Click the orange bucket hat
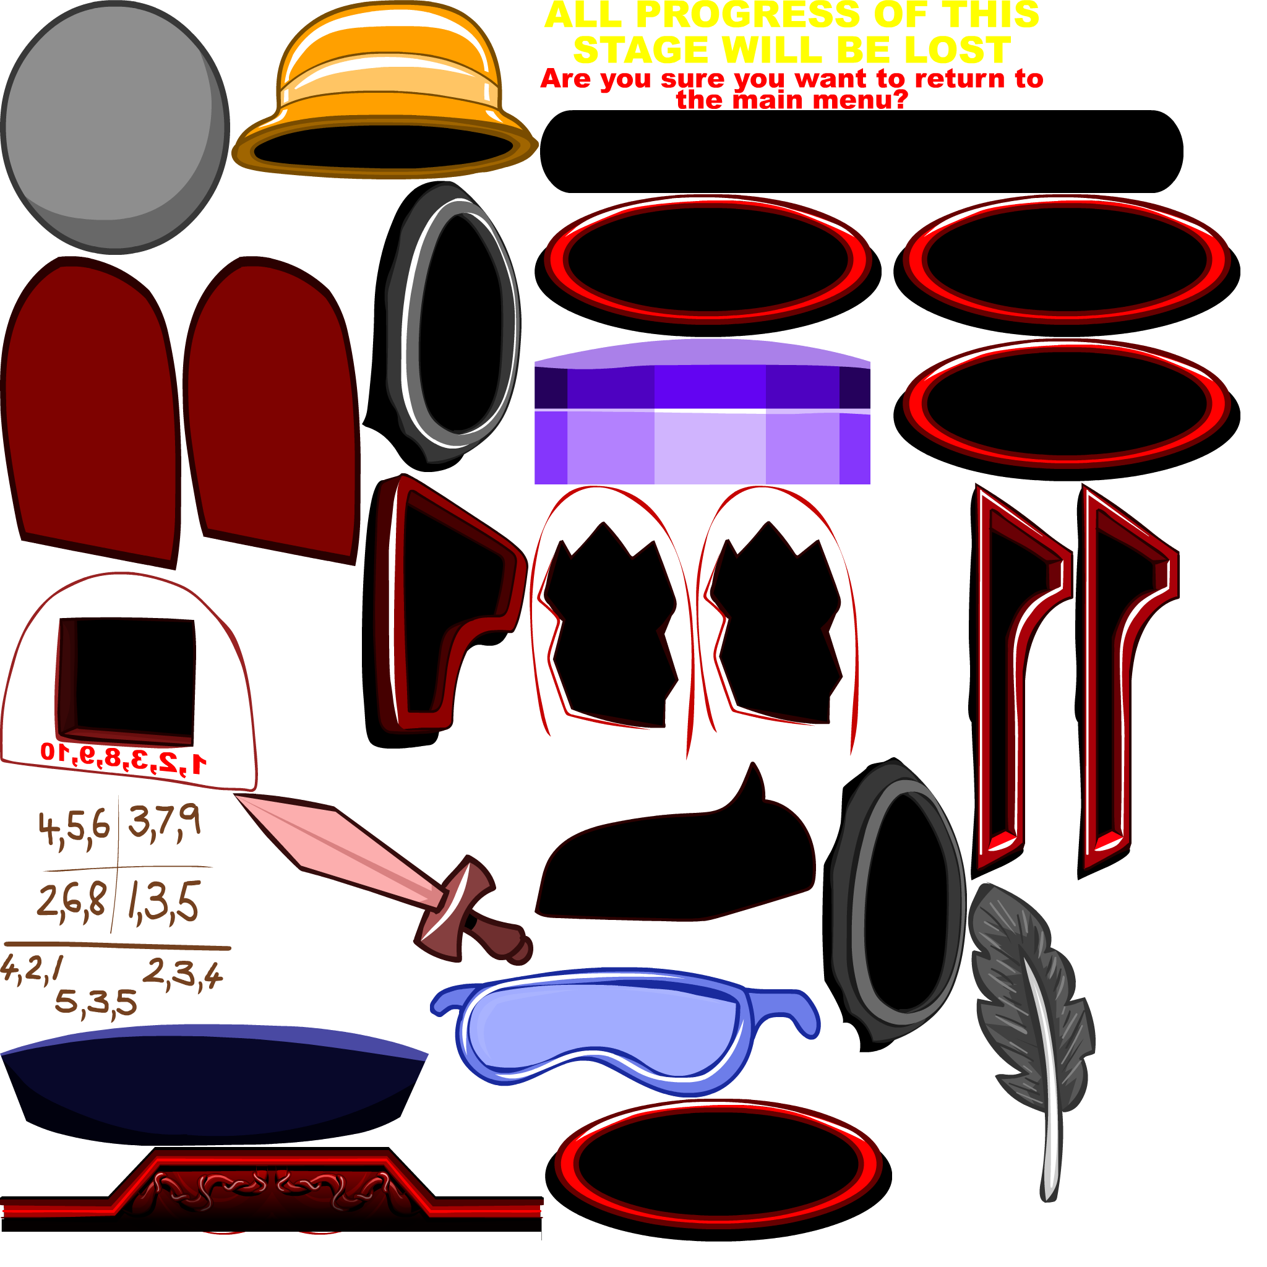click(x=387, y=72)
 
